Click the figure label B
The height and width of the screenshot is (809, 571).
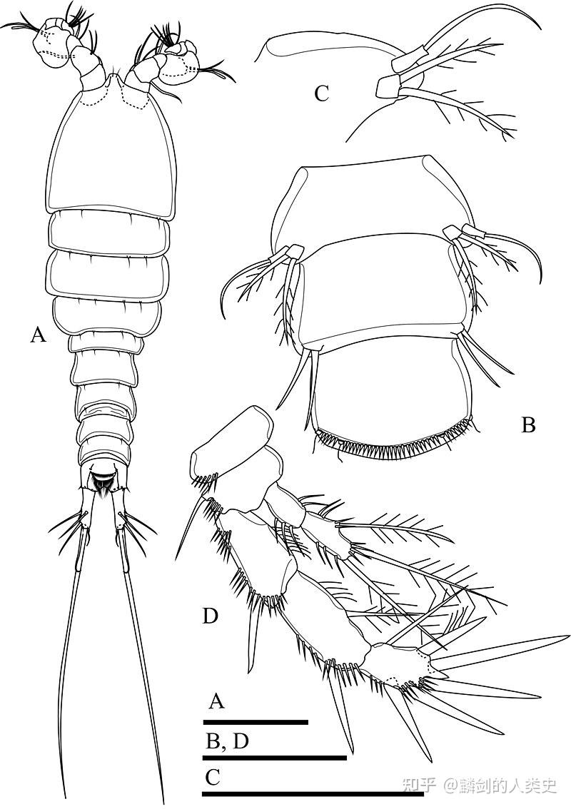point(528,425)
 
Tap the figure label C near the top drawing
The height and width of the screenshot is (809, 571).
point(321,94)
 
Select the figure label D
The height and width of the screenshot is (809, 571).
point(210,616)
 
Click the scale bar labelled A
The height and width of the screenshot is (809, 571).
point(256,722)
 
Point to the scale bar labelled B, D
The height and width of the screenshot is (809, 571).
point(274,758)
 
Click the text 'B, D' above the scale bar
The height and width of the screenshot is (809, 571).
point(228,741)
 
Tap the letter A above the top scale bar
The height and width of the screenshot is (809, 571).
point(217,701)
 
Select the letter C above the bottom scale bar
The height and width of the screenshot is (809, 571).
point(213,777)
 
